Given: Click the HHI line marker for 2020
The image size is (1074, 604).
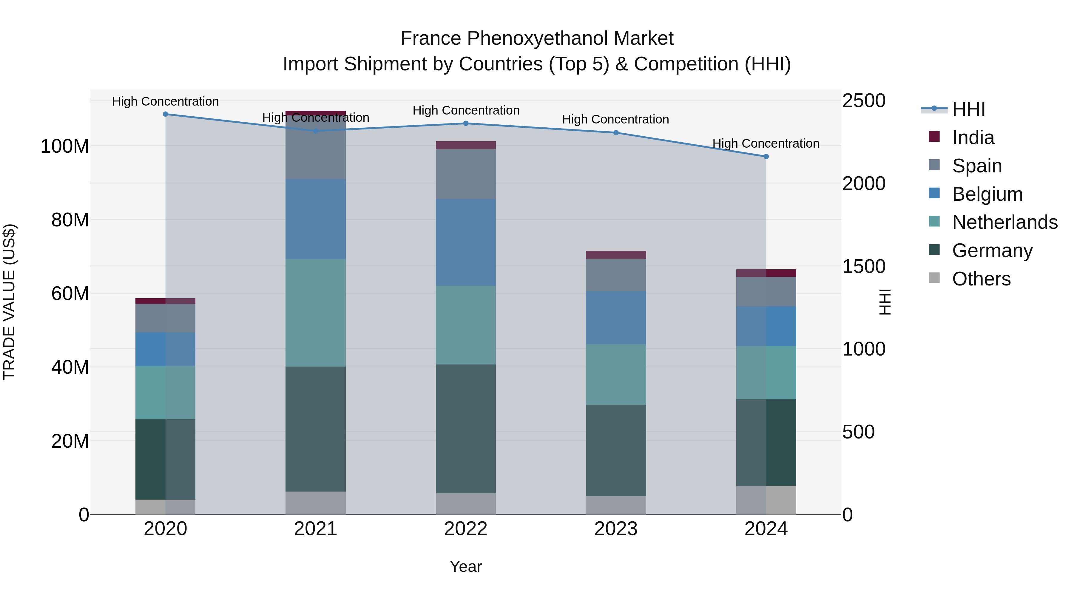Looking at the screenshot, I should tap(166, 114).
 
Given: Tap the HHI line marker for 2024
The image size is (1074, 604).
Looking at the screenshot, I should tap(766, 157).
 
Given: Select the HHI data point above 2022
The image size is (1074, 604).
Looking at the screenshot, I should tap(466, 123).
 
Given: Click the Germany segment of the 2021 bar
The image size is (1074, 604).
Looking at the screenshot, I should tap(316, 429).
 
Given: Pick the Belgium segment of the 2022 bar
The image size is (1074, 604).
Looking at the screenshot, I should tap(466, 242).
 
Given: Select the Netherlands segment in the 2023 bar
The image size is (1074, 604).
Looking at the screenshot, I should tap(616, 374).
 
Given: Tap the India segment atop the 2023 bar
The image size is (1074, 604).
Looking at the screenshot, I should tap(616, 255).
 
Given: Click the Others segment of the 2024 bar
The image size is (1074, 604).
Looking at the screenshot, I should tap(766, 500).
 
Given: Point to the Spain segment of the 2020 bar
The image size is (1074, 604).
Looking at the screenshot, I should tap(166, 318).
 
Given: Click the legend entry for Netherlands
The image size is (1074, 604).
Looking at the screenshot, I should tap(1005, 222).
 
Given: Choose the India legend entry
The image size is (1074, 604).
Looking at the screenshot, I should tap(973, 138).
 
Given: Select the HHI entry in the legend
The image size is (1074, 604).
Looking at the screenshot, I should tap(968, 109).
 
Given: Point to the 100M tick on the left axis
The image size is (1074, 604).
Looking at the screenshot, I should tap(65, 146).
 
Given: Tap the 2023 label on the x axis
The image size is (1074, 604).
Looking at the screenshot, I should tap(616, 529).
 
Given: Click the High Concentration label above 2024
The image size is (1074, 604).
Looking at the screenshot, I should tap(766, 143).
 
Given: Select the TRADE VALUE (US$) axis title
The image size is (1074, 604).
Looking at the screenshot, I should tap(9, 302).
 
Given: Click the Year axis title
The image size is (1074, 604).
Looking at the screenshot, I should tap(466, 566).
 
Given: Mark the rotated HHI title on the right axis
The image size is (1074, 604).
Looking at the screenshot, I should tap(884, 302).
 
